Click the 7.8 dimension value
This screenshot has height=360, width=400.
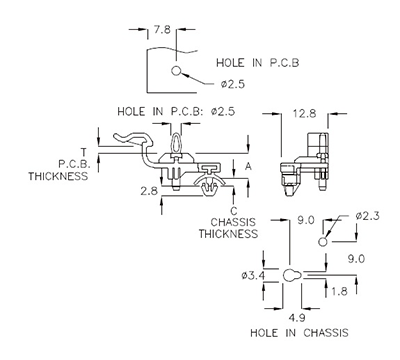(x=163, y=16)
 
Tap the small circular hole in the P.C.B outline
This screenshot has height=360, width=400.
(x=176, y=72)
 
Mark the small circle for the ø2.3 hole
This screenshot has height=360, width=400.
(x=322, y=242)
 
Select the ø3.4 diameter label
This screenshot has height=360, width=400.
(x=253, y=275)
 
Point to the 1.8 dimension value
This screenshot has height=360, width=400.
(x=340, y=290)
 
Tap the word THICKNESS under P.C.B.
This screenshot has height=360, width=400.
(x=60, y=176)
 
